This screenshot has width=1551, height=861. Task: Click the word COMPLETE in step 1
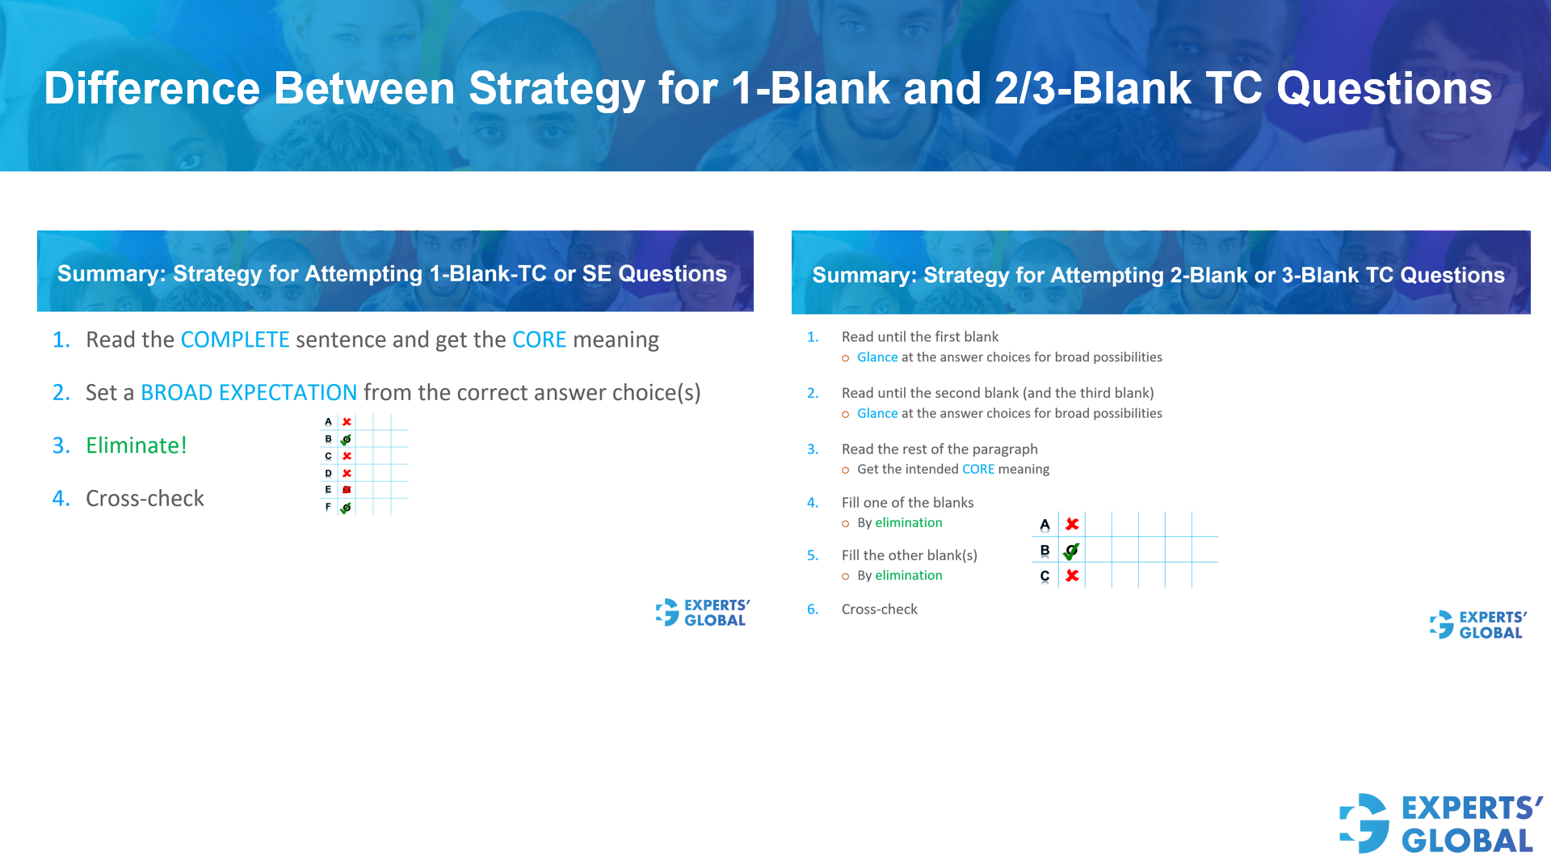coord(234,340)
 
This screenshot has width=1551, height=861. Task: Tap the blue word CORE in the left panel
coord(539,340)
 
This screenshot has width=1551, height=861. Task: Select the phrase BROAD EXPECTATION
coord(248,393)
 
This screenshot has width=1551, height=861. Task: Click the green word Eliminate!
coord(136,445)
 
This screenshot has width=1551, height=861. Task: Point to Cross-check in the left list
coord(145,499)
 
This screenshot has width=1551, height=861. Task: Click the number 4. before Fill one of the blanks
coord(813,503)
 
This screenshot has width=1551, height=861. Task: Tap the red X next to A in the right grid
coord(1072,525)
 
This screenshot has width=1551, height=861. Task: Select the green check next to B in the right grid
coord(1071,551)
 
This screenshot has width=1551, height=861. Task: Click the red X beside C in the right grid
coord(1072,576)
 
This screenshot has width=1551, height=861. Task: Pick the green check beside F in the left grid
coord(346,508)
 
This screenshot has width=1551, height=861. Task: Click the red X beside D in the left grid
coord(347,473)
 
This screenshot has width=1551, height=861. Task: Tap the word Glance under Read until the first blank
coord(877,357)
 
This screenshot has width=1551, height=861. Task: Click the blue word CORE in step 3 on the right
coord(977,470)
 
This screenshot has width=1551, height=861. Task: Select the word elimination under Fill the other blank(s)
coord(908,576)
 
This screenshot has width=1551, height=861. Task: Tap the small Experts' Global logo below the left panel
coord(668,612)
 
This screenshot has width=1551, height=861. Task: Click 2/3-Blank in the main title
coord(1092,88)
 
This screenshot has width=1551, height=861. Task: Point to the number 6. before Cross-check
coord(813,610)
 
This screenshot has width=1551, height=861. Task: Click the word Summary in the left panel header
coord(110,274)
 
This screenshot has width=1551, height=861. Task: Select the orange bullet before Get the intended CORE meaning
coord(845,471)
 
